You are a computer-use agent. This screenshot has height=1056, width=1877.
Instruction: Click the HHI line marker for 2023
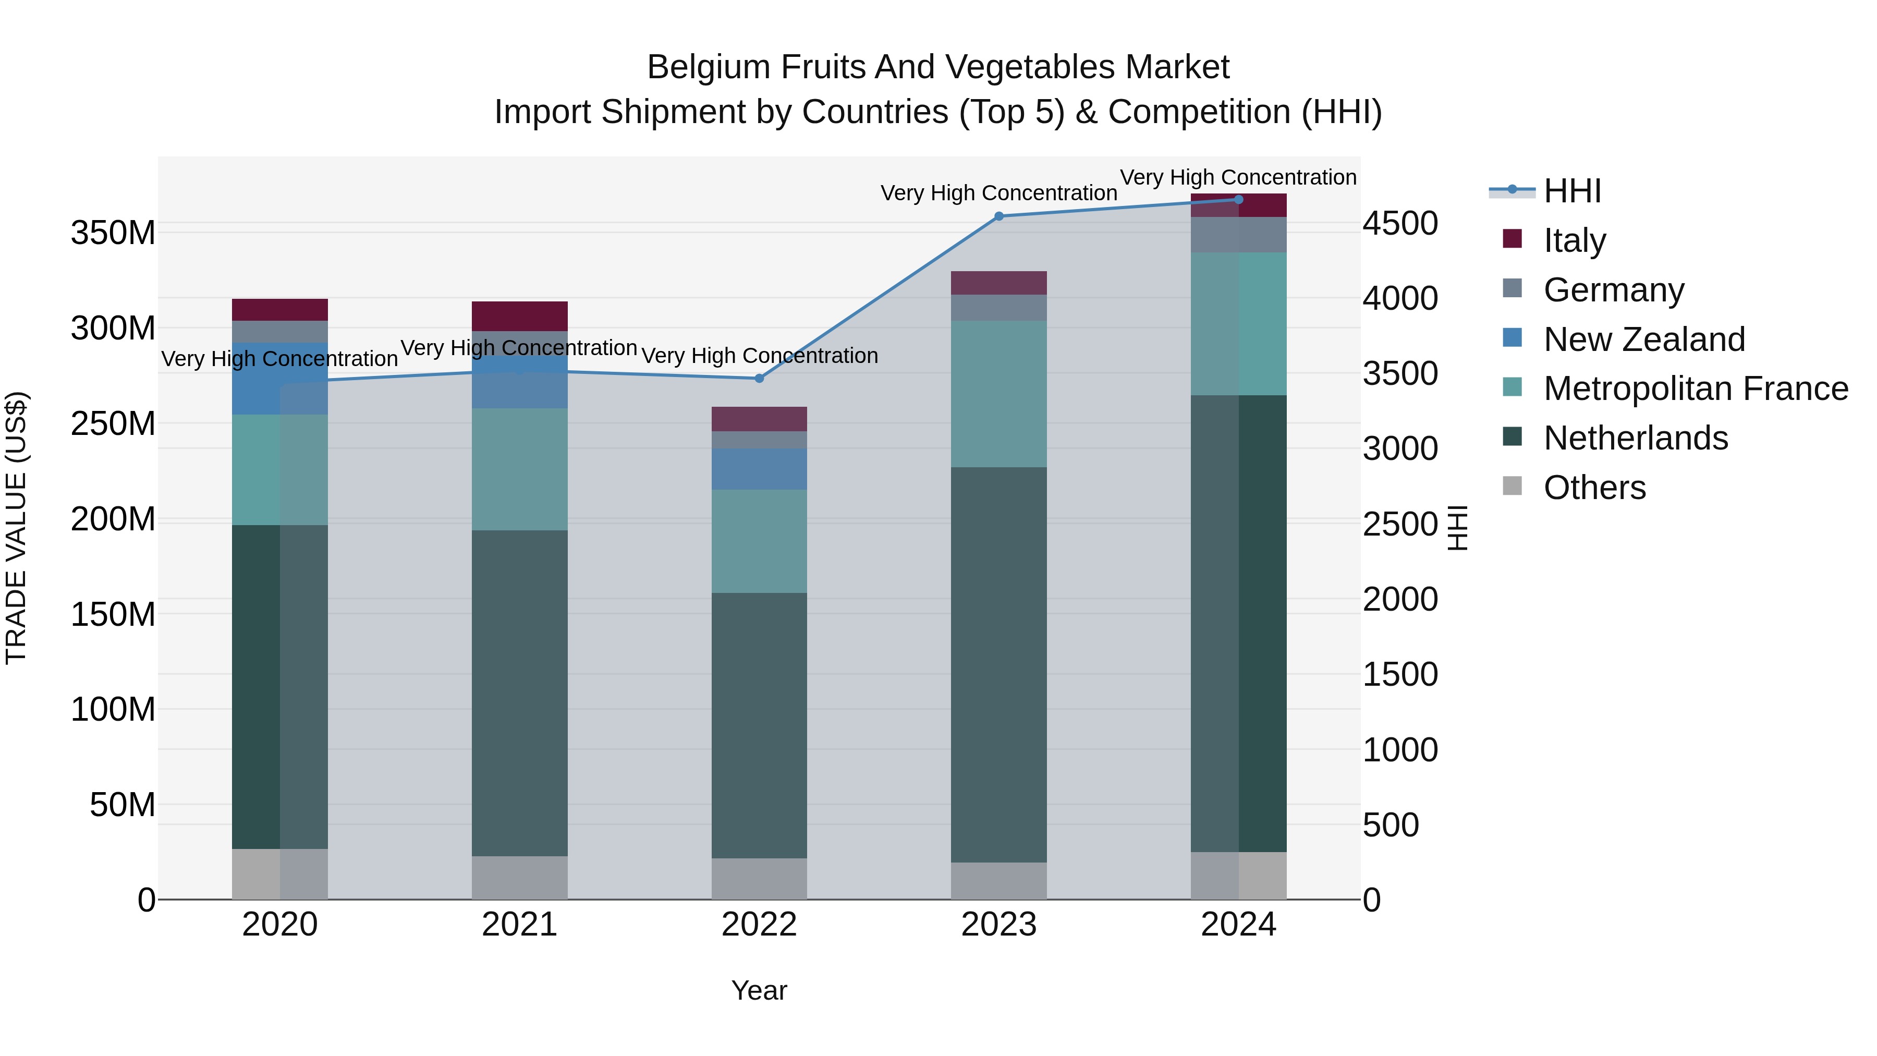pyautogui.click(x=999, y=216)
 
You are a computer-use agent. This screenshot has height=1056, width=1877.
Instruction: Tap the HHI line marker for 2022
pyautogui.click(x=759, y=378)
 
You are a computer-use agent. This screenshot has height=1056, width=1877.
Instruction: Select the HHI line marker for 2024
pyautogui.click(x=1239, y=200)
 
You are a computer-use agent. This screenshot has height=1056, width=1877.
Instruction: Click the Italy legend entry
pyautogui.click(x=1574, y=240)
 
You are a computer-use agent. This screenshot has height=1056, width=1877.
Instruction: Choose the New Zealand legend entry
pyautogui.click(x=1644, y=339)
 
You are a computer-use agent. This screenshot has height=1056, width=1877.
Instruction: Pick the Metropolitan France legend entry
pyautogui.click(x=1696, y=389)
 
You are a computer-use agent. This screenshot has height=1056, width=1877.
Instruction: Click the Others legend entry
pyautogui.click(x=1594, y=488)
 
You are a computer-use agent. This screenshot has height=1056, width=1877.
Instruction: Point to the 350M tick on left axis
pyautogui.click(x=113, y=233)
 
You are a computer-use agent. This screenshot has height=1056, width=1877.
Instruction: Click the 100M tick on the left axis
pyautogui.click(x=113, y=709)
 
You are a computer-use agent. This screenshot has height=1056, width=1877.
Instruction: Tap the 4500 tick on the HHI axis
pyautogui.click(x=1400, y=223)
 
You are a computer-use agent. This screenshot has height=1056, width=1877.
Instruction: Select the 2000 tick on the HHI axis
pyautogui.click(x=1400, y=599)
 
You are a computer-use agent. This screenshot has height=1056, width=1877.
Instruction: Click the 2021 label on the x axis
pyautogui.click(x=519, y=925)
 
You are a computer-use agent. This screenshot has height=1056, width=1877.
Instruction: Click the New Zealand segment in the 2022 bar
pyautogui.click(x=759, y=469)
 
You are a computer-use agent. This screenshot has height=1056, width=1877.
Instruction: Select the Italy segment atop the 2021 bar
pyautogui.click(x=519, y=317)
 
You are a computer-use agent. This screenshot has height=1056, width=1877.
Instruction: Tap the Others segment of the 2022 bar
pyautogui.click(x=759, y=878)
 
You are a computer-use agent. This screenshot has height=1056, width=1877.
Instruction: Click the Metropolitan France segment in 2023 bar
pyautogui.click(x=999, y=394)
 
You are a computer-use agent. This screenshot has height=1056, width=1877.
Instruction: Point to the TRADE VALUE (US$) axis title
pyautogui.click(x=16, y=528)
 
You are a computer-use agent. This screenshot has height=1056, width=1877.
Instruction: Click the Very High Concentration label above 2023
pyautogui.click(x=999, y=193)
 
